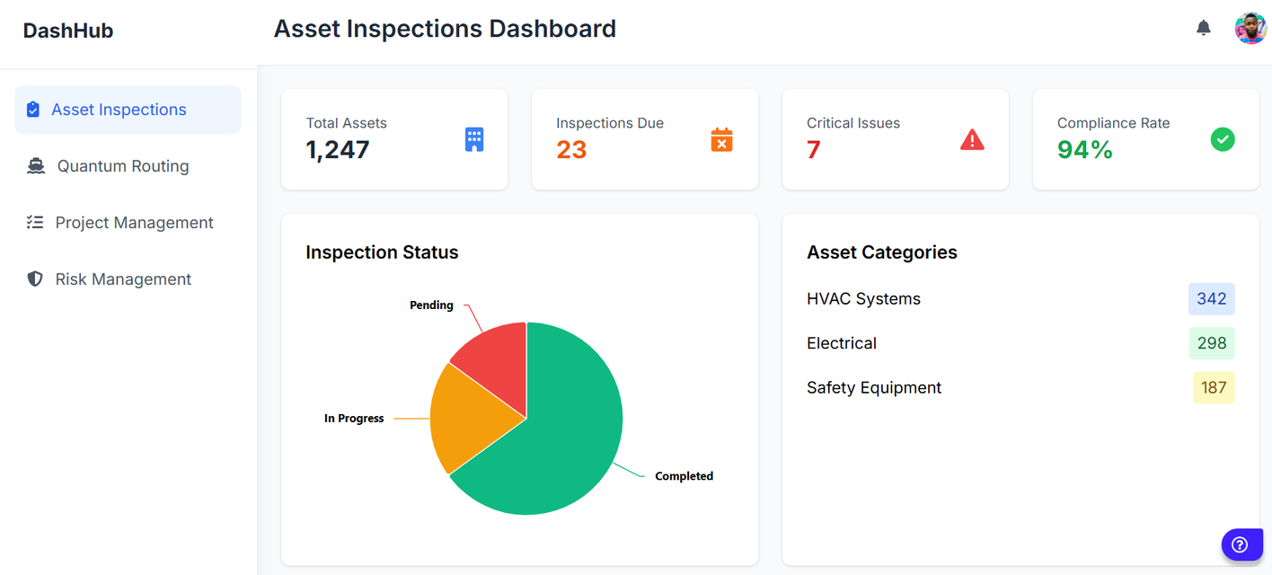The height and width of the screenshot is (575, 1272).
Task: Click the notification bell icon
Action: tap(1204, 28)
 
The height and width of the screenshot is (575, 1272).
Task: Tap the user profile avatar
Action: tap(1250, 28)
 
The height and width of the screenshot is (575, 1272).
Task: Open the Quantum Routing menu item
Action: tap(123, 166)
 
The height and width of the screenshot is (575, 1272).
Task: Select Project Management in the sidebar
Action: tap(134, 223)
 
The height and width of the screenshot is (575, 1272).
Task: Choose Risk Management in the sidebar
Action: tap(123, 279)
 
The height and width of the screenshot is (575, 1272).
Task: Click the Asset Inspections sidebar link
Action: tap(119, 110)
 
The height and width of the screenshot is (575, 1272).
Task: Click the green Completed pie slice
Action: tap(566, 440)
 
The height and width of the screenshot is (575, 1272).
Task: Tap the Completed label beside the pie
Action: tap(684, 476)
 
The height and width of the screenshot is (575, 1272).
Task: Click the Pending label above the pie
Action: tap(431, 305)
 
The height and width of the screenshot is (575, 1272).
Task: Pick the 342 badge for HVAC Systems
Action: tap(1211, 299)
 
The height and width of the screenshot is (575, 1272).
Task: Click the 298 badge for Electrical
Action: tap(1211, 343)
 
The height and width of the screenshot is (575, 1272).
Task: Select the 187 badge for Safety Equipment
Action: tap(1214, 388)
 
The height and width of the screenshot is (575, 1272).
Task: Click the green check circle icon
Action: tap(1223, 139)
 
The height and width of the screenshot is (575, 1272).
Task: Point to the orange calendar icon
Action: tap(721, 139)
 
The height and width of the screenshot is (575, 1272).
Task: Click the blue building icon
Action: tap(474, 139)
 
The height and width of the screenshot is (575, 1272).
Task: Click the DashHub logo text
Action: tap(68, 31)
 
